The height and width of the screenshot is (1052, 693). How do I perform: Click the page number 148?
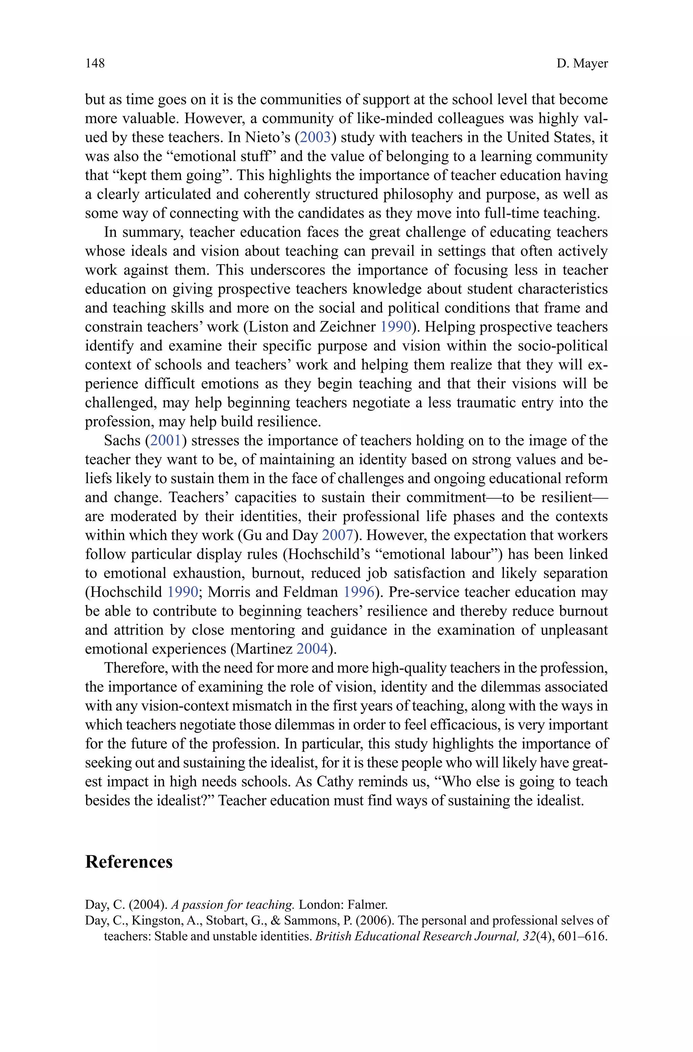[95, 63]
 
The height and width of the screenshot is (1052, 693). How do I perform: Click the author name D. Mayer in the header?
[582, 64]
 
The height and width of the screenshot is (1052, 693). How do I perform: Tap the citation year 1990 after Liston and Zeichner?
[396, 327]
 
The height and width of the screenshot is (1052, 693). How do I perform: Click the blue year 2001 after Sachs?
[166, 440]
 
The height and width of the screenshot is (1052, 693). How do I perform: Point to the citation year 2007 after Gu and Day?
[337, 535]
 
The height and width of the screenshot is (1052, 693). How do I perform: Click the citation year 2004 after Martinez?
[312, 648]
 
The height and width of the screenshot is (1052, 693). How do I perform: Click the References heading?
[129, 862]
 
